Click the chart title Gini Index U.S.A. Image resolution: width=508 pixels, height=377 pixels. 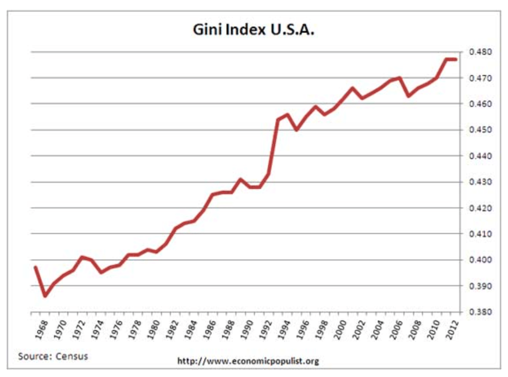coord(253,30)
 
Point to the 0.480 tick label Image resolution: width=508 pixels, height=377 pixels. coord(480,52)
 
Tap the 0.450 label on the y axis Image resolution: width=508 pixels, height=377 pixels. coord(480,130)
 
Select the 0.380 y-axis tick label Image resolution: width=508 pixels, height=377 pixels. coord(480,312)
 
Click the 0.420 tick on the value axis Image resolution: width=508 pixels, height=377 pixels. coord(480,208)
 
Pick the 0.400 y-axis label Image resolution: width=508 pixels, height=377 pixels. coord(480,260)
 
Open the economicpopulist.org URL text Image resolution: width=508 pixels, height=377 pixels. coord(247,361)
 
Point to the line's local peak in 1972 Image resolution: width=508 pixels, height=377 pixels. coord(82,257)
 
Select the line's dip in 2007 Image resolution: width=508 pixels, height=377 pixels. coord(409,96)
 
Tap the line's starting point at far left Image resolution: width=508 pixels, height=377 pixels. coord(35,267)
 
